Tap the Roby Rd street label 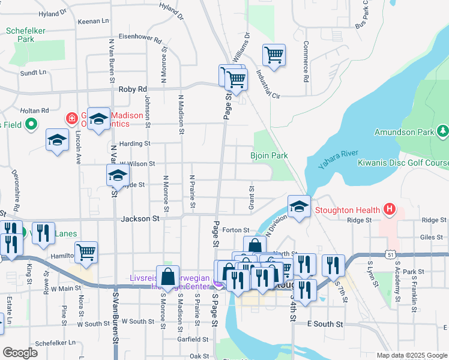(133, 89)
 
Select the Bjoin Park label (269, 155)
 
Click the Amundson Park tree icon (442, 130)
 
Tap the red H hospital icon (390, 209)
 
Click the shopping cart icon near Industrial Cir (274, 55)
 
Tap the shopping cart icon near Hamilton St (86, 253)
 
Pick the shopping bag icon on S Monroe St (167, 277)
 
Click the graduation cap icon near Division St (298, 207)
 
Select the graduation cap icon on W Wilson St (118, 176)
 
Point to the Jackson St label (140, 220)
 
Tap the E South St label (324, 324)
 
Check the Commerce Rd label (306, 61)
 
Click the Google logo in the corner (20, 353)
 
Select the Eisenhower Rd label (140, 40)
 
